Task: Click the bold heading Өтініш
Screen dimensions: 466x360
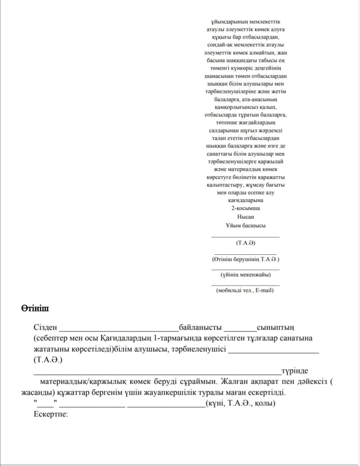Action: point(35,309)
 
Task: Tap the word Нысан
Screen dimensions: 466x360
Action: point(246,217)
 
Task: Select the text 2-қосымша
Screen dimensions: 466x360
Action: point(246,208)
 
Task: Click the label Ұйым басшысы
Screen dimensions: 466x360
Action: point(246,225)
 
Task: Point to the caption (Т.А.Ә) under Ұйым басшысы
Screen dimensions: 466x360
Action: point(246,243)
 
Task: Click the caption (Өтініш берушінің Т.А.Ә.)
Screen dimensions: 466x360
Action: point(246,259)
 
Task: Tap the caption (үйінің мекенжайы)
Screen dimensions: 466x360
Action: point(246,275)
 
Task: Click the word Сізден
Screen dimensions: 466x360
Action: point(45,327)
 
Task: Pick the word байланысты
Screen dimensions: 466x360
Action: point(200,327)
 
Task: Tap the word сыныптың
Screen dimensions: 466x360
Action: point(275,327)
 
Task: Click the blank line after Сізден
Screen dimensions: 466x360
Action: point(119,330)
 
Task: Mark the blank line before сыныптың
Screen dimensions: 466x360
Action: point(240,330)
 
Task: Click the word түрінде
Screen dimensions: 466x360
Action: point(295,371)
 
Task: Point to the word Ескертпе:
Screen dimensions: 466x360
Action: point(51,415)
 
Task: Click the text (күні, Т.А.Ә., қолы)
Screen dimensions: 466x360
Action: point(241,403)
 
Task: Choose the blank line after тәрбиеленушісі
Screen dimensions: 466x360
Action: point(273,351)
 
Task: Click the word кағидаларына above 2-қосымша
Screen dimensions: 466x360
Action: point(246,200)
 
